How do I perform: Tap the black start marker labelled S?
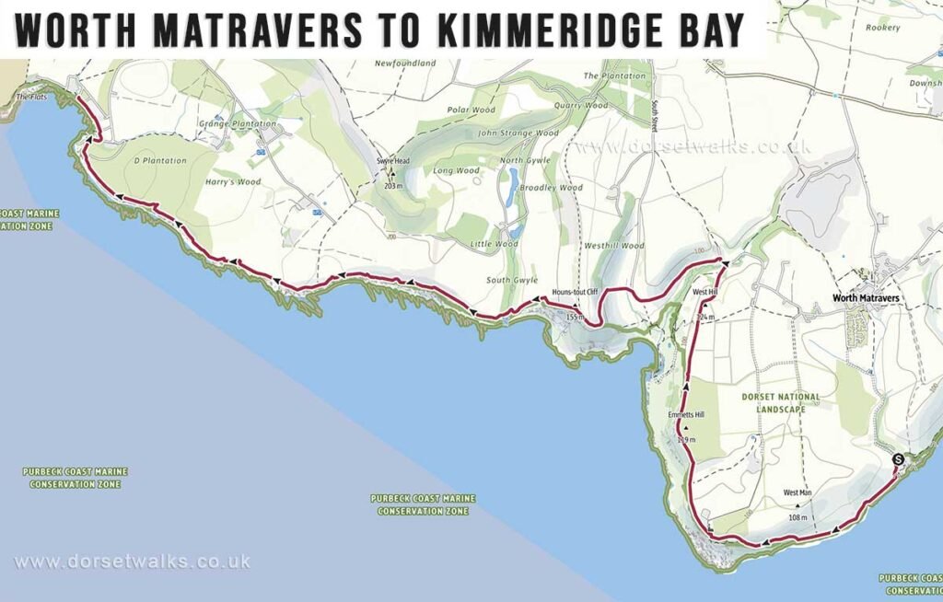(x=898, y=459)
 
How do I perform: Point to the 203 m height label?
(x=393, y=186)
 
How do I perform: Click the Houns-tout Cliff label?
(x=575, y=293)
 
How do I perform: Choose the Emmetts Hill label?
(x=686, y=415)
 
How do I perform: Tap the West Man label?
(x=797, y=493)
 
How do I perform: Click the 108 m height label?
(x=797, y=517)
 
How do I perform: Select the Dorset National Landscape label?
(x=780, y=402)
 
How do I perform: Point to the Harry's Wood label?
(x=235, y=182)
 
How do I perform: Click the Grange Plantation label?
(x=238, y=123)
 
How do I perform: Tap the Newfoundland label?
(x=404, y=64)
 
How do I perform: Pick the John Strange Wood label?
(x=518, y=133)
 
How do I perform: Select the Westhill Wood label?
(x=614, y=246)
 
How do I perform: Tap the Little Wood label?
(x=495, y=244)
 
